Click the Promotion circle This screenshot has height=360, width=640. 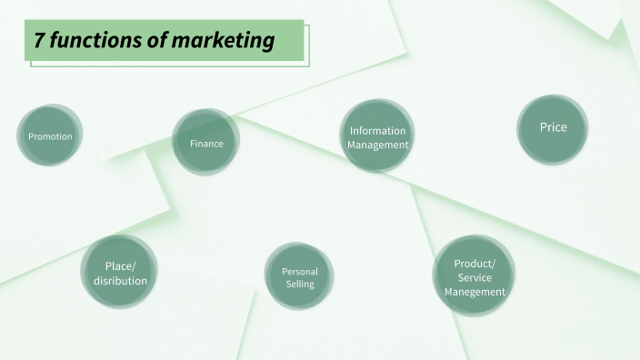point(50,135)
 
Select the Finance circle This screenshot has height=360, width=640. point(206,142)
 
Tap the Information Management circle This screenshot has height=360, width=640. point(377,136)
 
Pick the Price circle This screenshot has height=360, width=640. point(553,129)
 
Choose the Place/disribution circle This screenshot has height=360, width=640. point(119,272)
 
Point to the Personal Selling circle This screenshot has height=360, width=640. point(299,277)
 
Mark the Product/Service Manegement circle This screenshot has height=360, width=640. point(474,276)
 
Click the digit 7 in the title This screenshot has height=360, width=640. point(39,41)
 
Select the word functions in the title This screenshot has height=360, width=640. point(95,41)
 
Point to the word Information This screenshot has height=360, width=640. point(377,131)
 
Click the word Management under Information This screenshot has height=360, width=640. point(377,145)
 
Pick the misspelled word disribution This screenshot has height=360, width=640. point(120,280)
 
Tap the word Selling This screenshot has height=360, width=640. point(300,285)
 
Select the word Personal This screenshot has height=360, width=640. point(300,271)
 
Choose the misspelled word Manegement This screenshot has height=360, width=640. point(475,292)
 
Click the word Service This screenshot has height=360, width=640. point(475,277)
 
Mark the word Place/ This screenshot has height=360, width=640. point(120,265)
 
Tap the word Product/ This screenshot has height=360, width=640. point(475,263)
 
